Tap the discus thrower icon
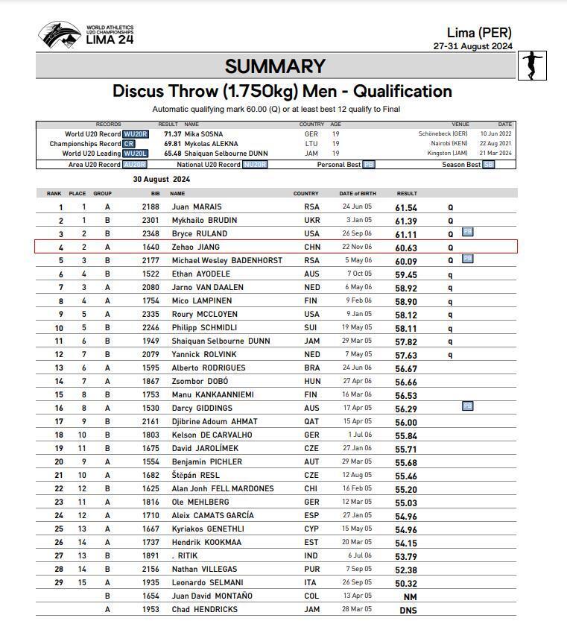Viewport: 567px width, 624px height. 532,65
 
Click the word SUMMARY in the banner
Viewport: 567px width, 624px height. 275,66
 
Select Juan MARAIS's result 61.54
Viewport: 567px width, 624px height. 406,207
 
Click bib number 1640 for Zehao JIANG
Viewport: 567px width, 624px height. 151,248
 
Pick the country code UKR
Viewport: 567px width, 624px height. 311,221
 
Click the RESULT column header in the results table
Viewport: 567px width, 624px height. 407,194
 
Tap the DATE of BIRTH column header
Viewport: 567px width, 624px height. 356,194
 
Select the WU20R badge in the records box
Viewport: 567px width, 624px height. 136,134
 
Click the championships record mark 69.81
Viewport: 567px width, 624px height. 173,144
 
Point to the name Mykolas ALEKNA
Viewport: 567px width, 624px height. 212,144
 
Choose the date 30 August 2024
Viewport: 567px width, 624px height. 162,180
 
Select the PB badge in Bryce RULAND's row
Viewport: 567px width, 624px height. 467,232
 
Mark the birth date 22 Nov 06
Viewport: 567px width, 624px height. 357,248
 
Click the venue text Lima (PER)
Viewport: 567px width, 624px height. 479,33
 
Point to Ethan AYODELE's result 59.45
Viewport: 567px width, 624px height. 406,274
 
